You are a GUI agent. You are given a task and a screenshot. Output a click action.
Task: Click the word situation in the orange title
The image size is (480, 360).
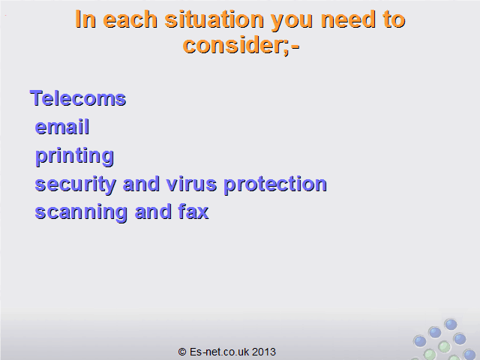pyautogui.click(x=214, y=19)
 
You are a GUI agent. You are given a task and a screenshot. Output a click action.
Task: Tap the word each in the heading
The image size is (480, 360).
pyautogui.click(x=130, y=19)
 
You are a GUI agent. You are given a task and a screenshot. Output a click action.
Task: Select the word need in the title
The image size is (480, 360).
pyautogui.click(x=348, y=19)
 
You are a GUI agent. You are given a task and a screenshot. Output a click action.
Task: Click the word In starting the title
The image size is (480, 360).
pyautogui.click(x=85, y=19)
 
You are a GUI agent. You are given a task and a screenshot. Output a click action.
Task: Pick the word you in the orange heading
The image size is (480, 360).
pyautogui.click(x=292, y=22)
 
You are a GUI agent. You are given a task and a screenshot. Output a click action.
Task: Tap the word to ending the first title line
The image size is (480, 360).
pyautogui.click(x=394, y=19)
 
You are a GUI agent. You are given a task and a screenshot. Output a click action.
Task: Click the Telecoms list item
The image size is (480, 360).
pyautogui.click(x=78, y=98)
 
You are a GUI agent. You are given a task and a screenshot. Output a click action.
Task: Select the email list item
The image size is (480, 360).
pyautogui.click(x=62, y=127)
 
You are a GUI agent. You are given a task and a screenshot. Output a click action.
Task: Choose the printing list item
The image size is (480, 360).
pyautogui.click(x=74, y=157)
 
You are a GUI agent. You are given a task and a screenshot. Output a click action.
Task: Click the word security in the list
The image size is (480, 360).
pyautogui.click(x=75, y=185)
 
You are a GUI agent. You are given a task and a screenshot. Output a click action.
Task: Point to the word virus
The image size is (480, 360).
pyautogui.click(x=192, y=184)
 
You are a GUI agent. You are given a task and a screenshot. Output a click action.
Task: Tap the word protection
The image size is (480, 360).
pyautogui.click(x=275, y=185)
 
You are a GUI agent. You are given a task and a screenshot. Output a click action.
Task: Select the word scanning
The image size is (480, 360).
pyautogui.click(x=81, y=213)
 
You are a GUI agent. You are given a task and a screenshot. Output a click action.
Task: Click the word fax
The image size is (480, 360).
pyautogui.click(x=193, y=211)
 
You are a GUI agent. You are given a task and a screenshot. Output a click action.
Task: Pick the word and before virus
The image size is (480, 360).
pyautogui.click(x=141, y=184)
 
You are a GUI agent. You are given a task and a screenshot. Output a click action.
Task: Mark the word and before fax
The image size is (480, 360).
pyautogui.click(x=153, y=211)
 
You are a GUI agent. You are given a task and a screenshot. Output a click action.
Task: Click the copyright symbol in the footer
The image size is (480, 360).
pyautogui.click(x=182, y=352)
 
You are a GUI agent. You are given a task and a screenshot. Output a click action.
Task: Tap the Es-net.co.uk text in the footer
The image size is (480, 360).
pyautogui.click(x=219, y=352)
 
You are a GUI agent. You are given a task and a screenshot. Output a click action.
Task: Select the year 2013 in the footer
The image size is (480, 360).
pyautogui.click(x=264, y=352)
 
